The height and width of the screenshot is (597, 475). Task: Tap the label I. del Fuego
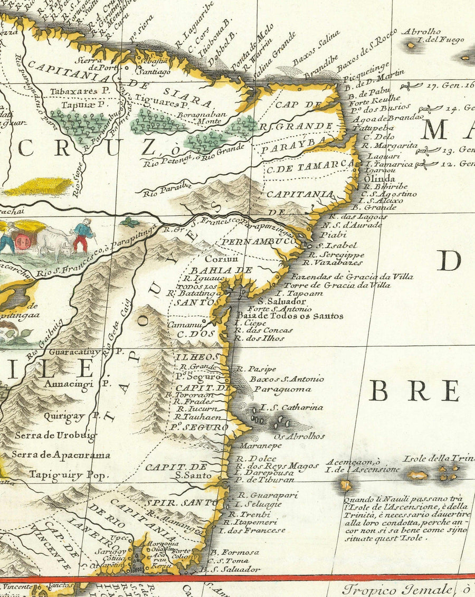click(x=440, y=40)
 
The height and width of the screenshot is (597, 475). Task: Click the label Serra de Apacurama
click(x=61, y=454)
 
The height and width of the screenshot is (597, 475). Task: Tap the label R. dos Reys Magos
click(x=277, y=466)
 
